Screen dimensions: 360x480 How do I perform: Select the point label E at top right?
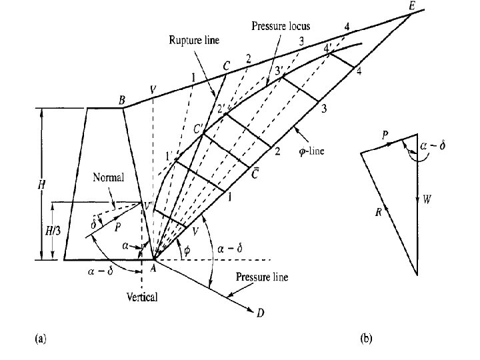click(x=411, y=7)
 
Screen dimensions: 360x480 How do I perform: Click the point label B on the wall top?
click(x=122, y=101)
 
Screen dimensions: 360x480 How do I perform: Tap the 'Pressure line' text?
click(x=263, y=277)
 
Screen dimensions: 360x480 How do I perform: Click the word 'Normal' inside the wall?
click(x=107, y=179)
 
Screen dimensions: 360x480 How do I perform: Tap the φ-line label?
click(x=311, y=151)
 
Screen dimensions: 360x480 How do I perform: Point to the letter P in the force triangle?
click(x=385, y=134)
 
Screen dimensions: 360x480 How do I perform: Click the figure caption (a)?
click(x=40, y=339)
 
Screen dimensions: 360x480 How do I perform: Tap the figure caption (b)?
click(x=367, y=339)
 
